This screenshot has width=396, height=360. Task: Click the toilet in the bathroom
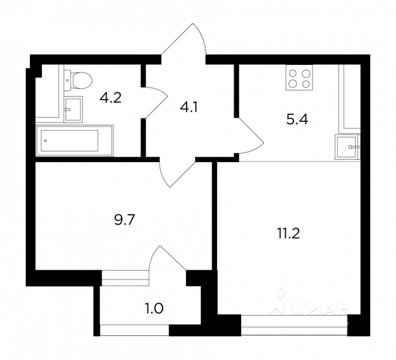click(x=79, y=79)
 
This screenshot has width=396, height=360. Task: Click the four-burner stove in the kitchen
click(x=299, y=77)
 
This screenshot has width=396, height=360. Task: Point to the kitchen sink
click(x=347, y=146)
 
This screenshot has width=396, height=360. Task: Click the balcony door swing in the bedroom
click(x=164, y=259)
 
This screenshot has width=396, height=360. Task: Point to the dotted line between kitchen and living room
click(x=300, y=161)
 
